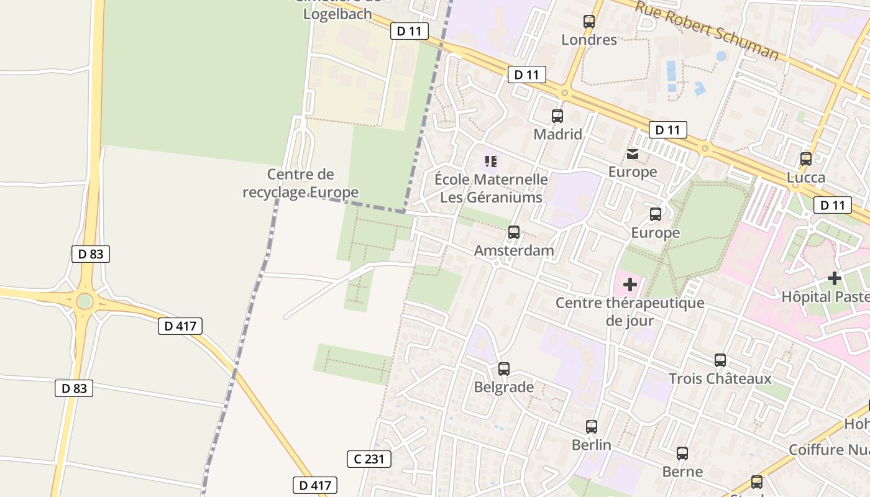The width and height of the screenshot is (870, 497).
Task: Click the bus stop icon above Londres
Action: point(589,22)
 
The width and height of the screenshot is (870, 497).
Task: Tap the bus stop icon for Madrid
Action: point(557,116)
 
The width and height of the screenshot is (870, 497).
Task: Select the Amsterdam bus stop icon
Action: point(514,232)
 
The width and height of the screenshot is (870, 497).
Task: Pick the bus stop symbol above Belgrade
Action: point(504,368)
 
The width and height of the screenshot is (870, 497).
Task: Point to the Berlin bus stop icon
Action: point(592,427)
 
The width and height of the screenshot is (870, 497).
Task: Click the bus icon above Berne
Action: point(682,454)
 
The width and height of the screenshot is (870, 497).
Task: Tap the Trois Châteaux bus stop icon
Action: point(720,360)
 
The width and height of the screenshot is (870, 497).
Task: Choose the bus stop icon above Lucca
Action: point(806,158)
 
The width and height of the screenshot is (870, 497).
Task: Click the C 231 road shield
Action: point(369,459)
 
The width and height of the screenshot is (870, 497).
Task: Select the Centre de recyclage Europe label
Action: point(301,183)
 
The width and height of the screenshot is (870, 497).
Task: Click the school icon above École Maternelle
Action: point(491,162)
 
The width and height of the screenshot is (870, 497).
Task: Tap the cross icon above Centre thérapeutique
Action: point(630,285)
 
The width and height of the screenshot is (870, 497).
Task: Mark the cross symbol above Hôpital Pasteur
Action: point(835,278)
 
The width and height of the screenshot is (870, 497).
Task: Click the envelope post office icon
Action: point(633,154)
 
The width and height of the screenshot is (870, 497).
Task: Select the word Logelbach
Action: point(337,14)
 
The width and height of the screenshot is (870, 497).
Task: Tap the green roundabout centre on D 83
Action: point(85,301)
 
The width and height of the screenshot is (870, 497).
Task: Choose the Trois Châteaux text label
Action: point(720,378)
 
